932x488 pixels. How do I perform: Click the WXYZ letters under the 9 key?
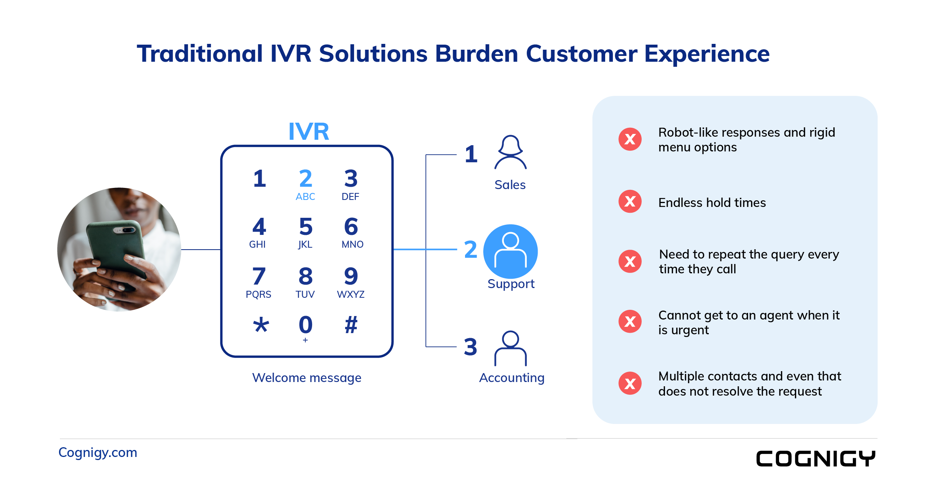click(351, 294)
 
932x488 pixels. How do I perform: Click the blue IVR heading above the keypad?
click(309, 131)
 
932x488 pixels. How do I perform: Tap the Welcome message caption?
click(306, 378)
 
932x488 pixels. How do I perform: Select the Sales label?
click(510, 185)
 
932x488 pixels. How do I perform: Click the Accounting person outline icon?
click(510, 348)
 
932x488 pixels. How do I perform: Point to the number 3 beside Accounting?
click(470, 347)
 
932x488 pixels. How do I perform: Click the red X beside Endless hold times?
click(630, 201)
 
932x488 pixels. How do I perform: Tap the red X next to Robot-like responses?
click(630, 139)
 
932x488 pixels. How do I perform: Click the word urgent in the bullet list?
click(690, 330)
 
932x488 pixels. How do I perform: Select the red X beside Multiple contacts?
click(630, 383)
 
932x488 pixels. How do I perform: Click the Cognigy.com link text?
click(97, 452)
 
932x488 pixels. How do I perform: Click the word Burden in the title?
click(476, 54)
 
